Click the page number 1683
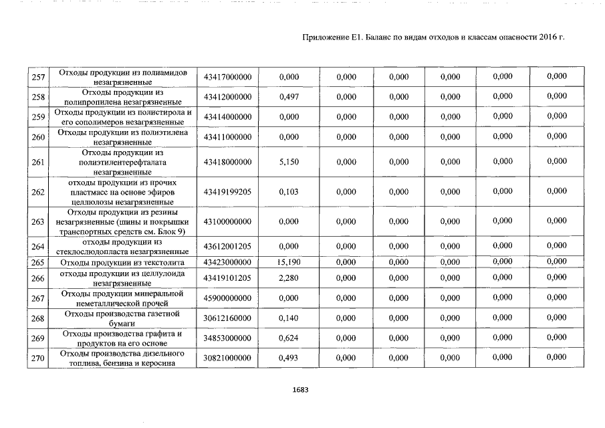[x=300, y=389]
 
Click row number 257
[x=38, y=78]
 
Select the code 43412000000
[x=227, y=97]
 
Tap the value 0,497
[x=289, y=97]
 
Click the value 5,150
[x=289, y=162]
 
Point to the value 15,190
[x=289, y=263]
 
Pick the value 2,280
[x=289, y=278]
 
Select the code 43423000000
[x=227, y=263]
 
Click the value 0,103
[x=289, y=192]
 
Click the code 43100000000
[x=227, y=221]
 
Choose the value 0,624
[x=289, y=338]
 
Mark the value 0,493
[x=289, y=358]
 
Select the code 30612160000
[x=227, y=318]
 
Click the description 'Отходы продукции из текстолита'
[x=122, y=263]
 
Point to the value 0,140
[x=289, y=318]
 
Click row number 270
[x=38, y=359]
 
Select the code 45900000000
[x=227, y=298]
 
